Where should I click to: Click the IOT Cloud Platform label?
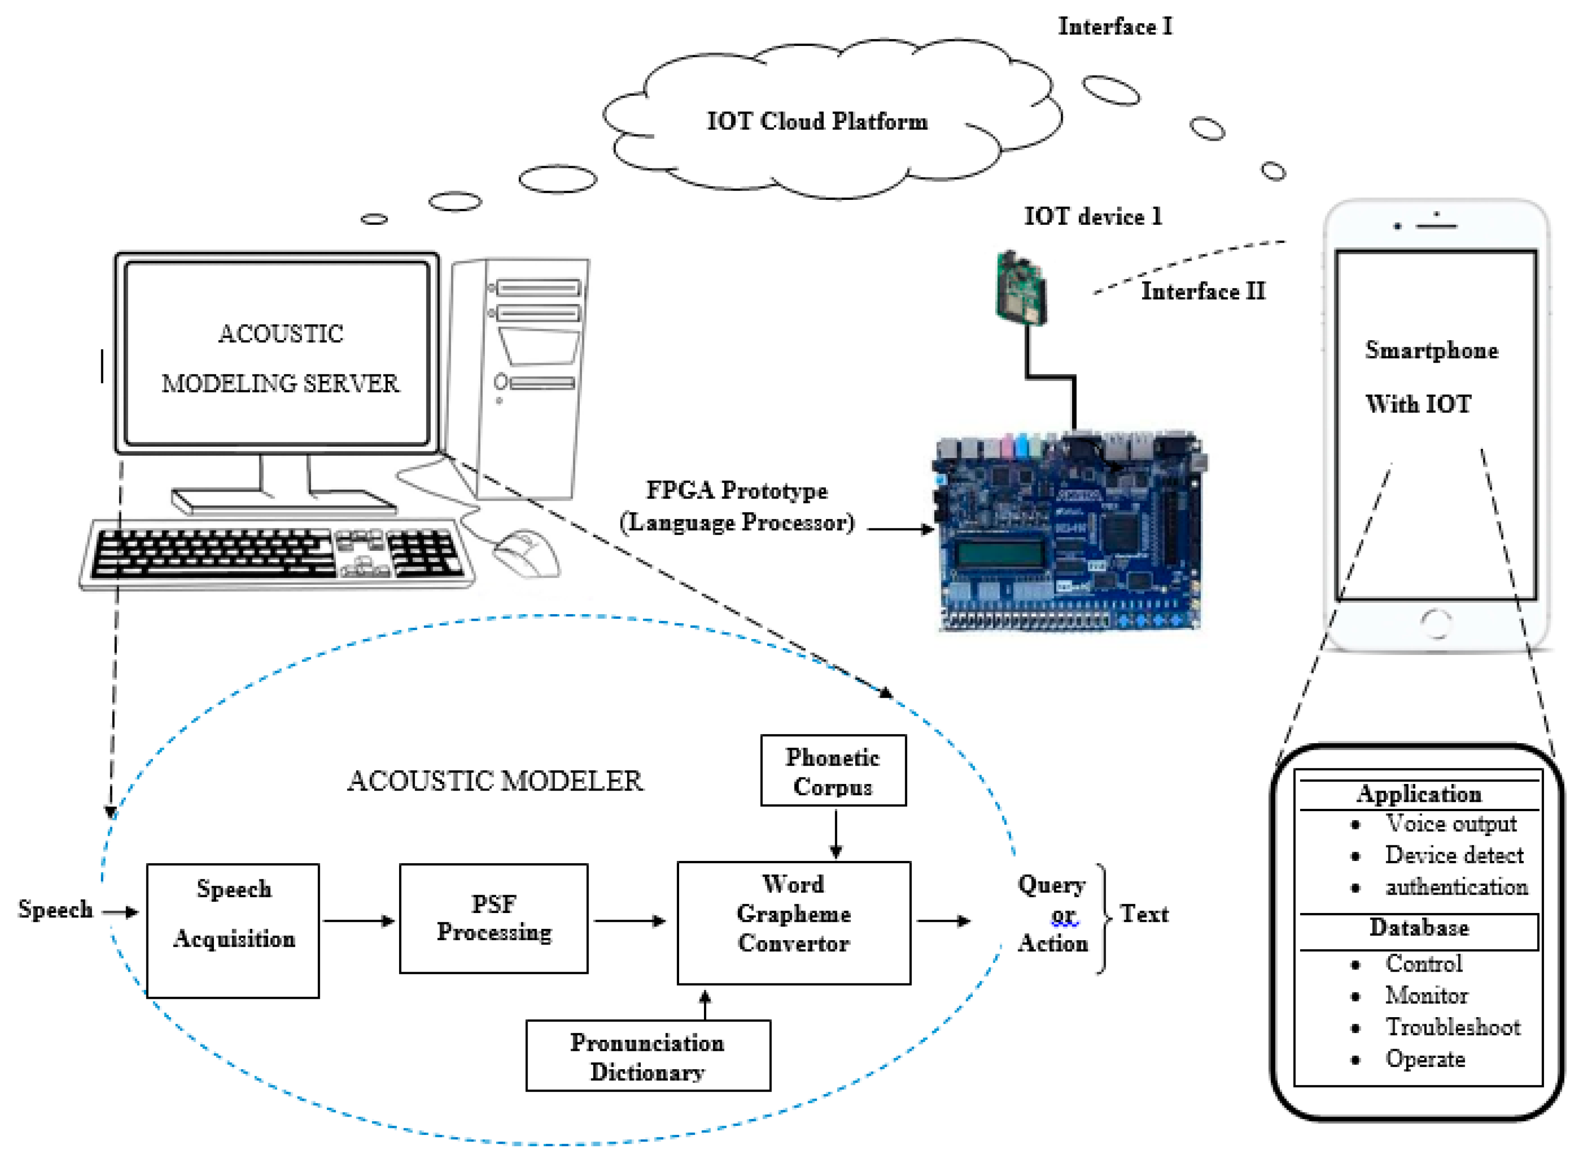817,121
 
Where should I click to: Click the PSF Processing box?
494,918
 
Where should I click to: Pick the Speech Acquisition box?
233,931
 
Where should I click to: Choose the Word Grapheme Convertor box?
794,923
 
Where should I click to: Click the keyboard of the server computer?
276,555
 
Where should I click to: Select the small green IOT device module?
1021,288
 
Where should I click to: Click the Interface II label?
1203,291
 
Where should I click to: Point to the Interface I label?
1115,27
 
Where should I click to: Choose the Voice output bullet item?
1451,823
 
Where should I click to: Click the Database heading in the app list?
1419,927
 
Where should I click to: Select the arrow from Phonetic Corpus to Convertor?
836,833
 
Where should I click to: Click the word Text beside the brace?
1144,914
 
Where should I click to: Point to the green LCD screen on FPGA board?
999,554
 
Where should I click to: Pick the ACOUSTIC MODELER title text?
495,781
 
